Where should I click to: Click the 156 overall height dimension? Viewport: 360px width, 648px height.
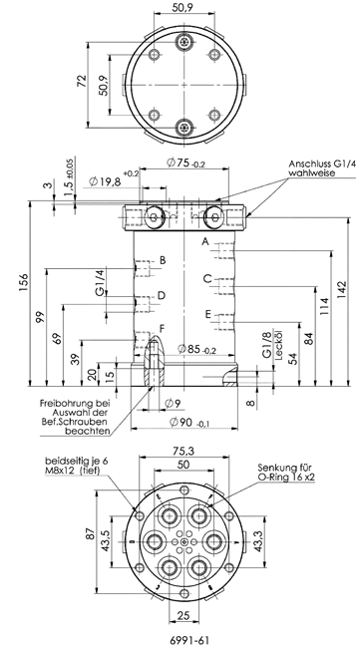pyautogui.click(x=24, y=282)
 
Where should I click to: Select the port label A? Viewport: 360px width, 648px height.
pyautogui.click(x=205, y=242)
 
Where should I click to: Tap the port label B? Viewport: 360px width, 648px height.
pyautogui.click(x=163, y=260)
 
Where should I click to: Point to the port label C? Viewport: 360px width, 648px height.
pyautogui.click(x=207, y=278)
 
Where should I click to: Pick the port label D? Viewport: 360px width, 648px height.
pyautogui.click(x=162, y=295)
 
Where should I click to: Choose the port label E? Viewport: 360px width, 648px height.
pyautogui.click(x=207, y=314)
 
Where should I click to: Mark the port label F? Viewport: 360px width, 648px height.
pyautogui.click(x=162, y=329)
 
